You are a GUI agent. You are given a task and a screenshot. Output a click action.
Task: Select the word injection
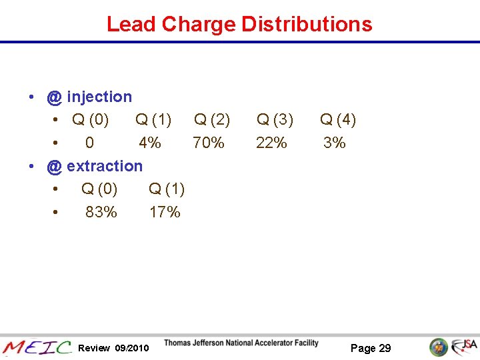[x=99, y=97]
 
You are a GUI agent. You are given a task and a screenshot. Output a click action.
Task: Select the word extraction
[x=105, y=166]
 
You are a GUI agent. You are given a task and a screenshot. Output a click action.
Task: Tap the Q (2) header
[x=212, y=120]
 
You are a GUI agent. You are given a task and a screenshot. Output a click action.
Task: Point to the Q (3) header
[x=275, y=120]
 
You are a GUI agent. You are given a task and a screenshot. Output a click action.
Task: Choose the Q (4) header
[x=338, y=120]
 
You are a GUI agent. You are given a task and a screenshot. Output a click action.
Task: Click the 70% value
[x=209, y=143]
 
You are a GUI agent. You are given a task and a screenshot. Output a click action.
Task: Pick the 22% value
[x=271, y=143]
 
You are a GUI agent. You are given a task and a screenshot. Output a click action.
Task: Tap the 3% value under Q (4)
[x=335, y=143]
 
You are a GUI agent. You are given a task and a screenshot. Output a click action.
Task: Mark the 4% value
[x=150, y=143]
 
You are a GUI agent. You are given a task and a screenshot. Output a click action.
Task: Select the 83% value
[x=101, y=212]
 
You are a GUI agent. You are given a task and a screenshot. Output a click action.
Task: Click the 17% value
[x=165, y=212]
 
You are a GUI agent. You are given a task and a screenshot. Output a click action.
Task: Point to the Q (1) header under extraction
[x=167, y=189]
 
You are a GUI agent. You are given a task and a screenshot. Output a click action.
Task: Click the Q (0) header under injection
[x=91, y=120]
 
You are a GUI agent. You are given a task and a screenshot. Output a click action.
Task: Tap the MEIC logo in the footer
[x=37, y=347]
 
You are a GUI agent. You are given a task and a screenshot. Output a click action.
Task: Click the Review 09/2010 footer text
[x=113, y=348]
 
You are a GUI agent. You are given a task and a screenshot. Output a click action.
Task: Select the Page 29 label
[x=371, y=348]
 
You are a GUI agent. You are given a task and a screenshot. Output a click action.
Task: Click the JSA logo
[x=464, y=347]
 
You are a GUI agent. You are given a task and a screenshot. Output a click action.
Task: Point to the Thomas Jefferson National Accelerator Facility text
[x=241, y=343]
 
